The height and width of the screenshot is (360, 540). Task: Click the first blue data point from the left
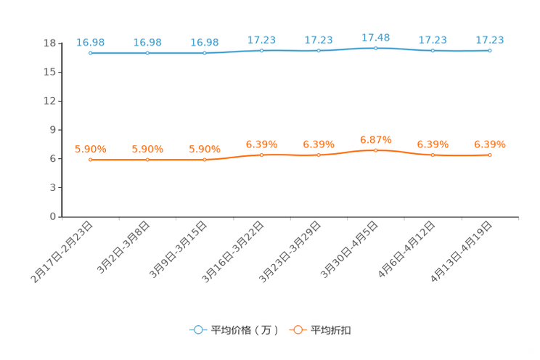(x=90, y=53)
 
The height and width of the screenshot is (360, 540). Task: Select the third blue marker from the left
(x=205, y=53)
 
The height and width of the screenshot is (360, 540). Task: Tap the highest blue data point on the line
(x=375, y=48)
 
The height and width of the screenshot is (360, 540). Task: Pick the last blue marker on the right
(x=490, y=51)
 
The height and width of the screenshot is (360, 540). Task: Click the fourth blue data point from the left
(x=262, y=50)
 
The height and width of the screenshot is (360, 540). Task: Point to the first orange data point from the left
(x=90, y=160)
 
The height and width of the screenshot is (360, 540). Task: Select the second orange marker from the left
(x=147, y=160)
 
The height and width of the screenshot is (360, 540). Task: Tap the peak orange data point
(x=375, y=150)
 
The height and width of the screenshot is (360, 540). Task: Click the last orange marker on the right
(x=490, y=155)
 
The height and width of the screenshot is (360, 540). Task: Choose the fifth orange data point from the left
(x=319, y=155)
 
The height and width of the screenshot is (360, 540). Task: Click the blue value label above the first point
(x=90, y=42)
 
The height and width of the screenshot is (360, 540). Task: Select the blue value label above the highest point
(x=375, y=36)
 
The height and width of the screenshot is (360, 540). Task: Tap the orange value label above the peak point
(x=375, y=139)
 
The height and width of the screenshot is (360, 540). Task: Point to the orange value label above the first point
(x=90, y=150)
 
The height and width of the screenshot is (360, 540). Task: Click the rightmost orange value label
(x=490, y=144)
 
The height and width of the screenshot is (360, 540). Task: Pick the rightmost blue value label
(x=490, y=40)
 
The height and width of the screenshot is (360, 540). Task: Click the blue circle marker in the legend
(x=198, y=330)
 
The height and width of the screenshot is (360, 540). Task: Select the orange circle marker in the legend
(x=298, y=330)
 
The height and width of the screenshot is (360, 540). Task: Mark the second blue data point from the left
(x=147, y=53)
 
